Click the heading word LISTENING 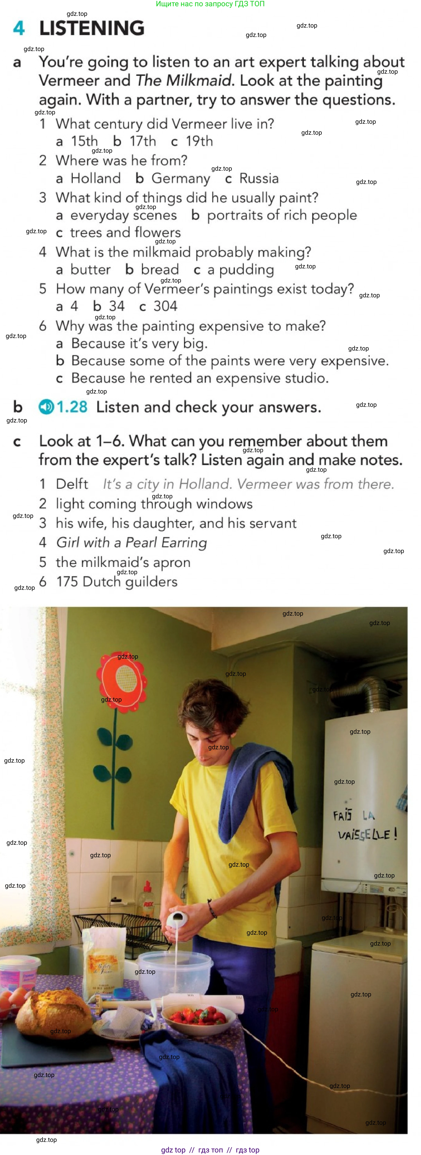(x=92, y=28)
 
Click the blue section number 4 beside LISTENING (x=19, y=28)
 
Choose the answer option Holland (x=95, y=178)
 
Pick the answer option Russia (x=259, y=178)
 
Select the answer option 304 (x=165, y=306)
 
